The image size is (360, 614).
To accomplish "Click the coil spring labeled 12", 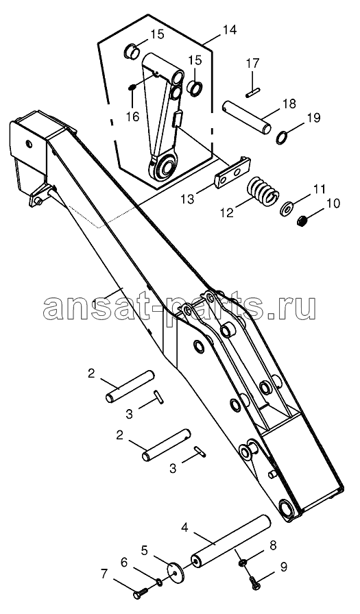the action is pos(263,191).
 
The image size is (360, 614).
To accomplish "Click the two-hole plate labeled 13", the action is pos(232,171).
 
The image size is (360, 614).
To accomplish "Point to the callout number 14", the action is pos(230,29).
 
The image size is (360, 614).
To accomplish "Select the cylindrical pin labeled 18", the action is pos(247,117).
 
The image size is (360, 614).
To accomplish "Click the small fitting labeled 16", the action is pos(132,87).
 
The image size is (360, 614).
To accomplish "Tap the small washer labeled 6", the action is pos(160,583).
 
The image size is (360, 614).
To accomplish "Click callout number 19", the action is pos(313,117).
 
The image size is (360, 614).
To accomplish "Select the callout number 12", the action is pos(227,212).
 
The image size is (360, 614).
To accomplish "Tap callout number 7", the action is pos(104,574).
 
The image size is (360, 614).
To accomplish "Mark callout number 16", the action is pos(133,116).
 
